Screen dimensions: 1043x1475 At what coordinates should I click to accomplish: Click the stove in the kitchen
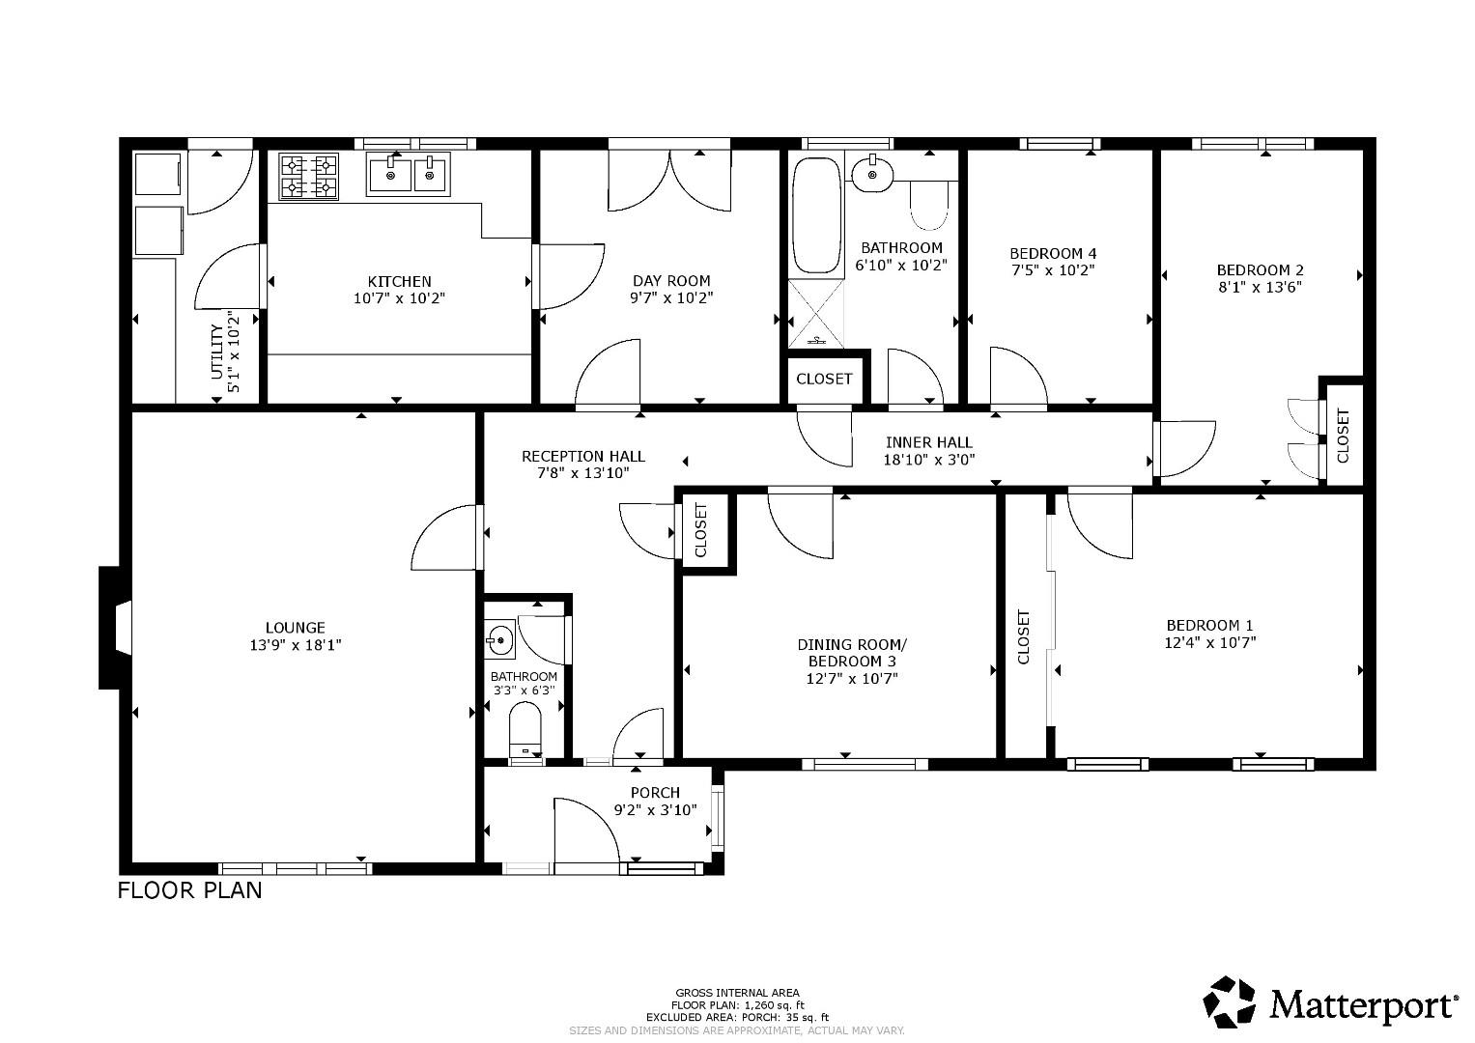click(309, 177)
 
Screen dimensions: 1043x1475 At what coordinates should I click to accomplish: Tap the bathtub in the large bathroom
click(816, 217)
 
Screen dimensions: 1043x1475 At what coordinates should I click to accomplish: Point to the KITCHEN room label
click(399, 281)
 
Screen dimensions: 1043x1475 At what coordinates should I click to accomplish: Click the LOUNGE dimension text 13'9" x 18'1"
click(296, 644)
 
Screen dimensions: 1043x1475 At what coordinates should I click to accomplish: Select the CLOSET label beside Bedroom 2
click(1343, 436)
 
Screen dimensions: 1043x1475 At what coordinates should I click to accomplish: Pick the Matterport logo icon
click(1232, 1001)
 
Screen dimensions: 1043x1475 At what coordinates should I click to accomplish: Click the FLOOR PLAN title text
click(189, 889)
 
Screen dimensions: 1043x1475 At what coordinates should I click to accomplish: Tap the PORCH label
click(655, 793)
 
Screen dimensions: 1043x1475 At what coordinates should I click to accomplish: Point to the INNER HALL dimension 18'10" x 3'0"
click(929, 460)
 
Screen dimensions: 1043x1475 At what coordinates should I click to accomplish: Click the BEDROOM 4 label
click(1053, 253)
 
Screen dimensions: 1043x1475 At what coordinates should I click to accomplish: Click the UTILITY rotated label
click(216, 352)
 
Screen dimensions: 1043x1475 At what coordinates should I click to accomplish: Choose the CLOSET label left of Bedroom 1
click(1024, 636)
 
